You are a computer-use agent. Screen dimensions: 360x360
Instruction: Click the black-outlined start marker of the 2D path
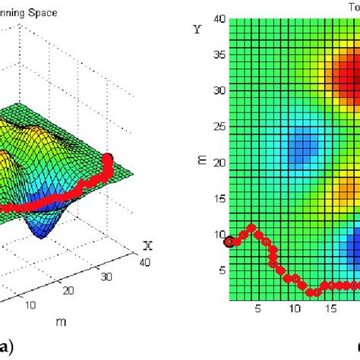click(x=229, y=242)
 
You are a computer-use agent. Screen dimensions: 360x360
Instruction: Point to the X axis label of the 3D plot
click(x=148, y=245)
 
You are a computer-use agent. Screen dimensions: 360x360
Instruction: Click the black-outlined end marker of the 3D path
click(x=107, y=159)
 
